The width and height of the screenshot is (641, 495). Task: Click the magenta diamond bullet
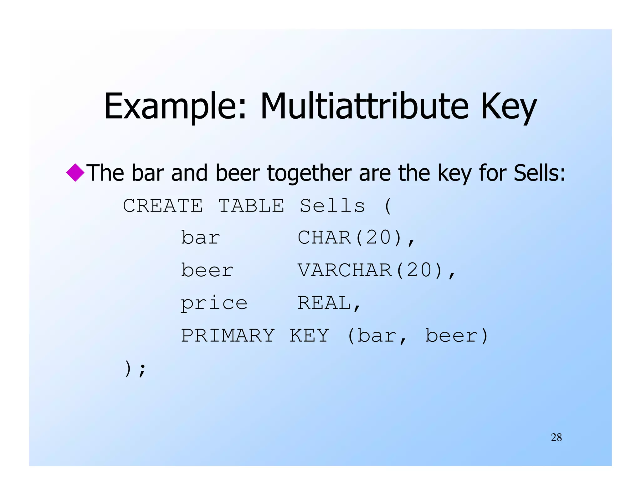[x=75, y=172]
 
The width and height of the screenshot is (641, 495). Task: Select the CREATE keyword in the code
[x=163, y=206]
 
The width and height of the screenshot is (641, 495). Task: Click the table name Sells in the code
[x=332, y=206]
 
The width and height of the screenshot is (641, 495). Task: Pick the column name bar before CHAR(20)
[x=201, y=238]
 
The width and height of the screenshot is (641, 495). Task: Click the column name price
[x=214, y=303]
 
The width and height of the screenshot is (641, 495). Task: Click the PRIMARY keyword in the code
[x=228, y=336]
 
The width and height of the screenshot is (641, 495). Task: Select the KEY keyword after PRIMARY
[x=309, y=336]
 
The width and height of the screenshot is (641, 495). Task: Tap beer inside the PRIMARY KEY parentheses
[x=451, y=336]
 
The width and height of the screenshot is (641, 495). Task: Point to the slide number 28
[x=556, y=437]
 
